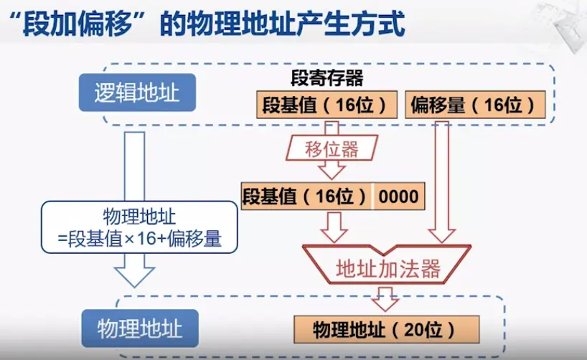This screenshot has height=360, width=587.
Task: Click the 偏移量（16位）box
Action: pos(474,105)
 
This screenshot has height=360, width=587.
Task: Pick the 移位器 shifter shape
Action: pos(331,149)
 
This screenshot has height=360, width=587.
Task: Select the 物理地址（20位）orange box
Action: pos(386,329)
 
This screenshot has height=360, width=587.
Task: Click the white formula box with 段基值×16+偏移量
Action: pos(139,228)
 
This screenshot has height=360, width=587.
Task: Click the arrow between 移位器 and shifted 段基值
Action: pos(332,170)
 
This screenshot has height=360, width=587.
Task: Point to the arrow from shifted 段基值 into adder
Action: pos(333,226)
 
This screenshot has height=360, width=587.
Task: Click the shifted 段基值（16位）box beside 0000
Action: pos(307,196)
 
